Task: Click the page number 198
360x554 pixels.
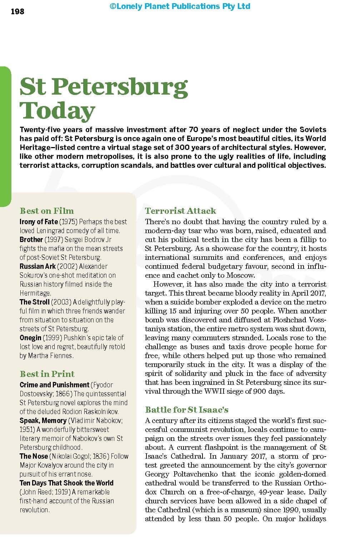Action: coord(17,11)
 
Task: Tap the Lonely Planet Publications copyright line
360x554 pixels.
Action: coord(180,6)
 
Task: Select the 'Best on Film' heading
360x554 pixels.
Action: coord(47,211)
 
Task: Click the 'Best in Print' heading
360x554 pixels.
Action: coord(47,374)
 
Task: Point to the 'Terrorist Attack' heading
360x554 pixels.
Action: coord(180,211)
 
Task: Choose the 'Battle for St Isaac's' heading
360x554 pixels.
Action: coord(186,409)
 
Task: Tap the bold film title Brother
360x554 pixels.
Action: coord(31,240)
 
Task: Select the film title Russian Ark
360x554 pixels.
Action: coord(37,266)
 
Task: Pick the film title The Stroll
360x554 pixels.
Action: coord(34,302)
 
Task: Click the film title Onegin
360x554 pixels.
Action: coord(30,338)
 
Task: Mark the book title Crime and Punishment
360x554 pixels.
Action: coord(54,385)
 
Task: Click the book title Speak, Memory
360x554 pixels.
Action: coord(43,420)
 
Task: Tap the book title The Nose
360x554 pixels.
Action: coord(34,456)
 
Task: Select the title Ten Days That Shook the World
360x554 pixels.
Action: coord(66,483)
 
